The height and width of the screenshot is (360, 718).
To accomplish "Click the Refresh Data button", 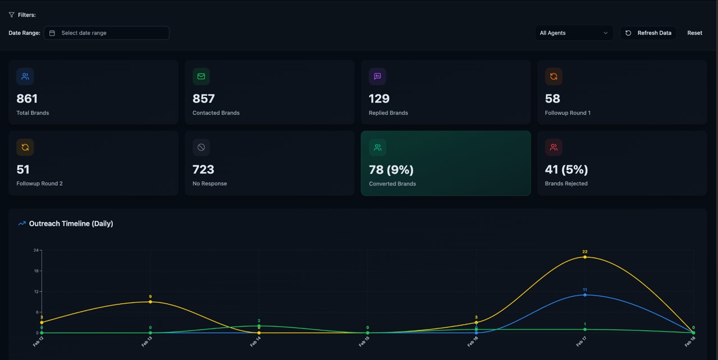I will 648,33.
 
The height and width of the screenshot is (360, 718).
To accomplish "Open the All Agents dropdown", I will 574,33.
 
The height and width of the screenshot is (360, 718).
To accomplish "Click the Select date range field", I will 107,33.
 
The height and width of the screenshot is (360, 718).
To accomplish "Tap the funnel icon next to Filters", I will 11,15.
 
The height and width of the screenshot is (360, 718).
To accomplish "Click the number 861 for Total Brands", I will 27,99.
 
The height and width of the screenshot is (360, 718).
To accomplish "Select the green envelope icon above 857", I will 201,76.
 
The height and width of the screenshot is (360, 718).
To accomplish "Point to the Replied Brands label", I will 388,113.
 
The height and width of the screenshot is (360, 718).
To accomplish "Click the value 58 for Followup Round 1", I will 553,99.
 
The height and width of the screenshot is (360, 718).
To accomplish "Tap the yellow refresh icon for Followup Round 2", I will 25,147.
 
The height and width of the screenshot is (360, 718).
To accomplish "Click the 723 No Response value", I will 203,169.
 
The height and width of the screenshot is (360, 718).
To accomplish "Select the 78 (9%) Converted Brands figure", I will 391,169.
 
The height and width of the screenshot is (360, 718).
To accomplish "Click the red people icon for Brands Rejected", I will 554,147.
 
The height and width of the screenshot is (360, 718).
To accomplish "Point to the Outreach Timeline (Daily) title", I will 71,224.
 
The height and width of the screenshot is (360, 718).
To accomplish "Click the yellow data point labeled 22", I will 585,257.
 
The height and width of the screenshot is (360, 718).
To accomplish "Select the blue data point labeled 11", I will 585,295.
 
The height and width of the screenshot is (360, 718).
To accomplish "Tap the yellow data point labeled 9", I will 150,302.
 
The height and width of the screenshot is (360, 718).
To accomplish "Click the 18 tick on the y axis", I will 36,271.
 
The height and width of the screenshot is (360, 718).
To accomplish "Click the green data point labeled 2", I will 259,326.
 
